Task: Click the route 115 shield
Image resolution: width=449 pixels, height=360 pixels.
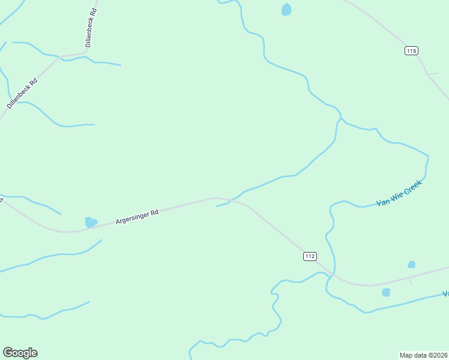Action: [411, 51]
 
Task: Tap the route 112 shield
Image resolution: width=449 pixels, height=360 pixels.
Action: [309, 256]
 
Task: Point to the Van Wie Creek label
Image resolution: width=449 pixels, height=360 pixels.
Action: [399, 194]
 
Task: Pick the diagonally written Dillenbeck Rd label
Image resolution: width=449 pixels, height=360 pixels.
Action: [22, 93]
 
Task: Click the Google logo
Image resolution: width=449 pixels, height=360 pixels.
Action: [20, 353]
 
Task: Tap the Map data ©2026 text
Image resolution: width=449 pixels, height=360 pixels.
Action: [423, 355]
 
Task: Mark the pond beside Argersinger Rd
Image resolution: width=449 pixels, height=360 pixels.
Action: [91, 222]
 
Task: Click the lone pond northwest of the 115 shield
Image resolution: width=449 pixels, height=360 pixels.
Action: [286, 10]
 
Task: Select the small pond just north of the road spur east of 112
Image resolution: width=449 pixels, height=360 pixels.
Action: [411, 265]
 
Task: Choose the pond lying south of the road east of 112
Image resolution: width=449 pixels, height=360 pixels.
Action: [386, 293]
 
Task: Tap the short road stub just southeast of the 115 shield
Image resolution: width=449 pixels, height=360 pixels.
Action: [432, 73]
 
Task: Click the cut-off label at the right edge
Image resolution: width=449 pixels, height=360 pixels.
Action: [445, 293]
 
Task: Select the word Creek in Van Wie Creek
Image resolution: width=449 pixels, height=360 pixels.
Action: [413, 187]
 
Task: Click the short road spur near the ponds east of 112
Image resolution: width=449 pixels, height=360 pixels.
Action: [411, 281]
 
